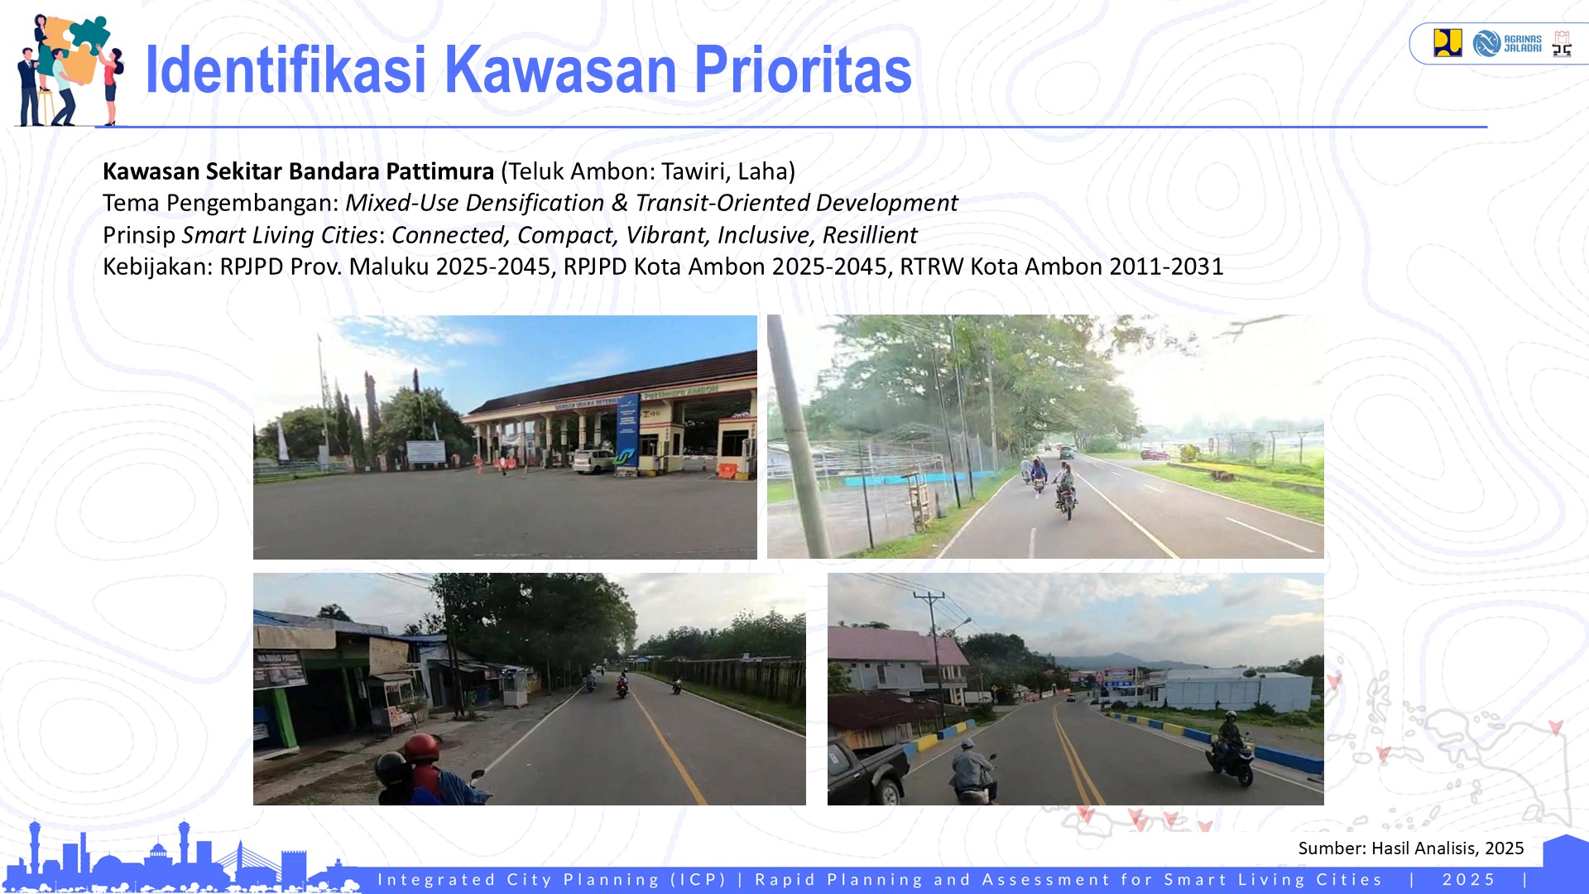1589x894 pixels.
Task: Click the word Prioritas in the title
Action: pyautogui.click(x=802, y=70)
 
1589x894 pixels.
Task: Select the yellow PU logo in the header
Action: pyautogui.click(x=1447, y=42)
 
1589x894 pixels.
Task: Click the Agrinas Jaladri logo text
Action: pyautogui.click(x=1522, y=44)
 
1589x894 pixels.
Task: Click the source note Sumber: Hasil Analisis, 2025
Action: pyautogui.click(x=1410, y=848)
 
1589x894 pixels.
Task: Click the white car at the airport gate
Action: pyautogui.click(x=593, y=460)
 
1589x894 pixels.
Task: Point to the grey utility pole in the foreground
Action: pyautogui.click(x=798, y=439)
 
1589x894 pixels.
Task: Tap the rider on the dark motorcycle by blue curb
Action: pyautogui.click(x=1229, y=745)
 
